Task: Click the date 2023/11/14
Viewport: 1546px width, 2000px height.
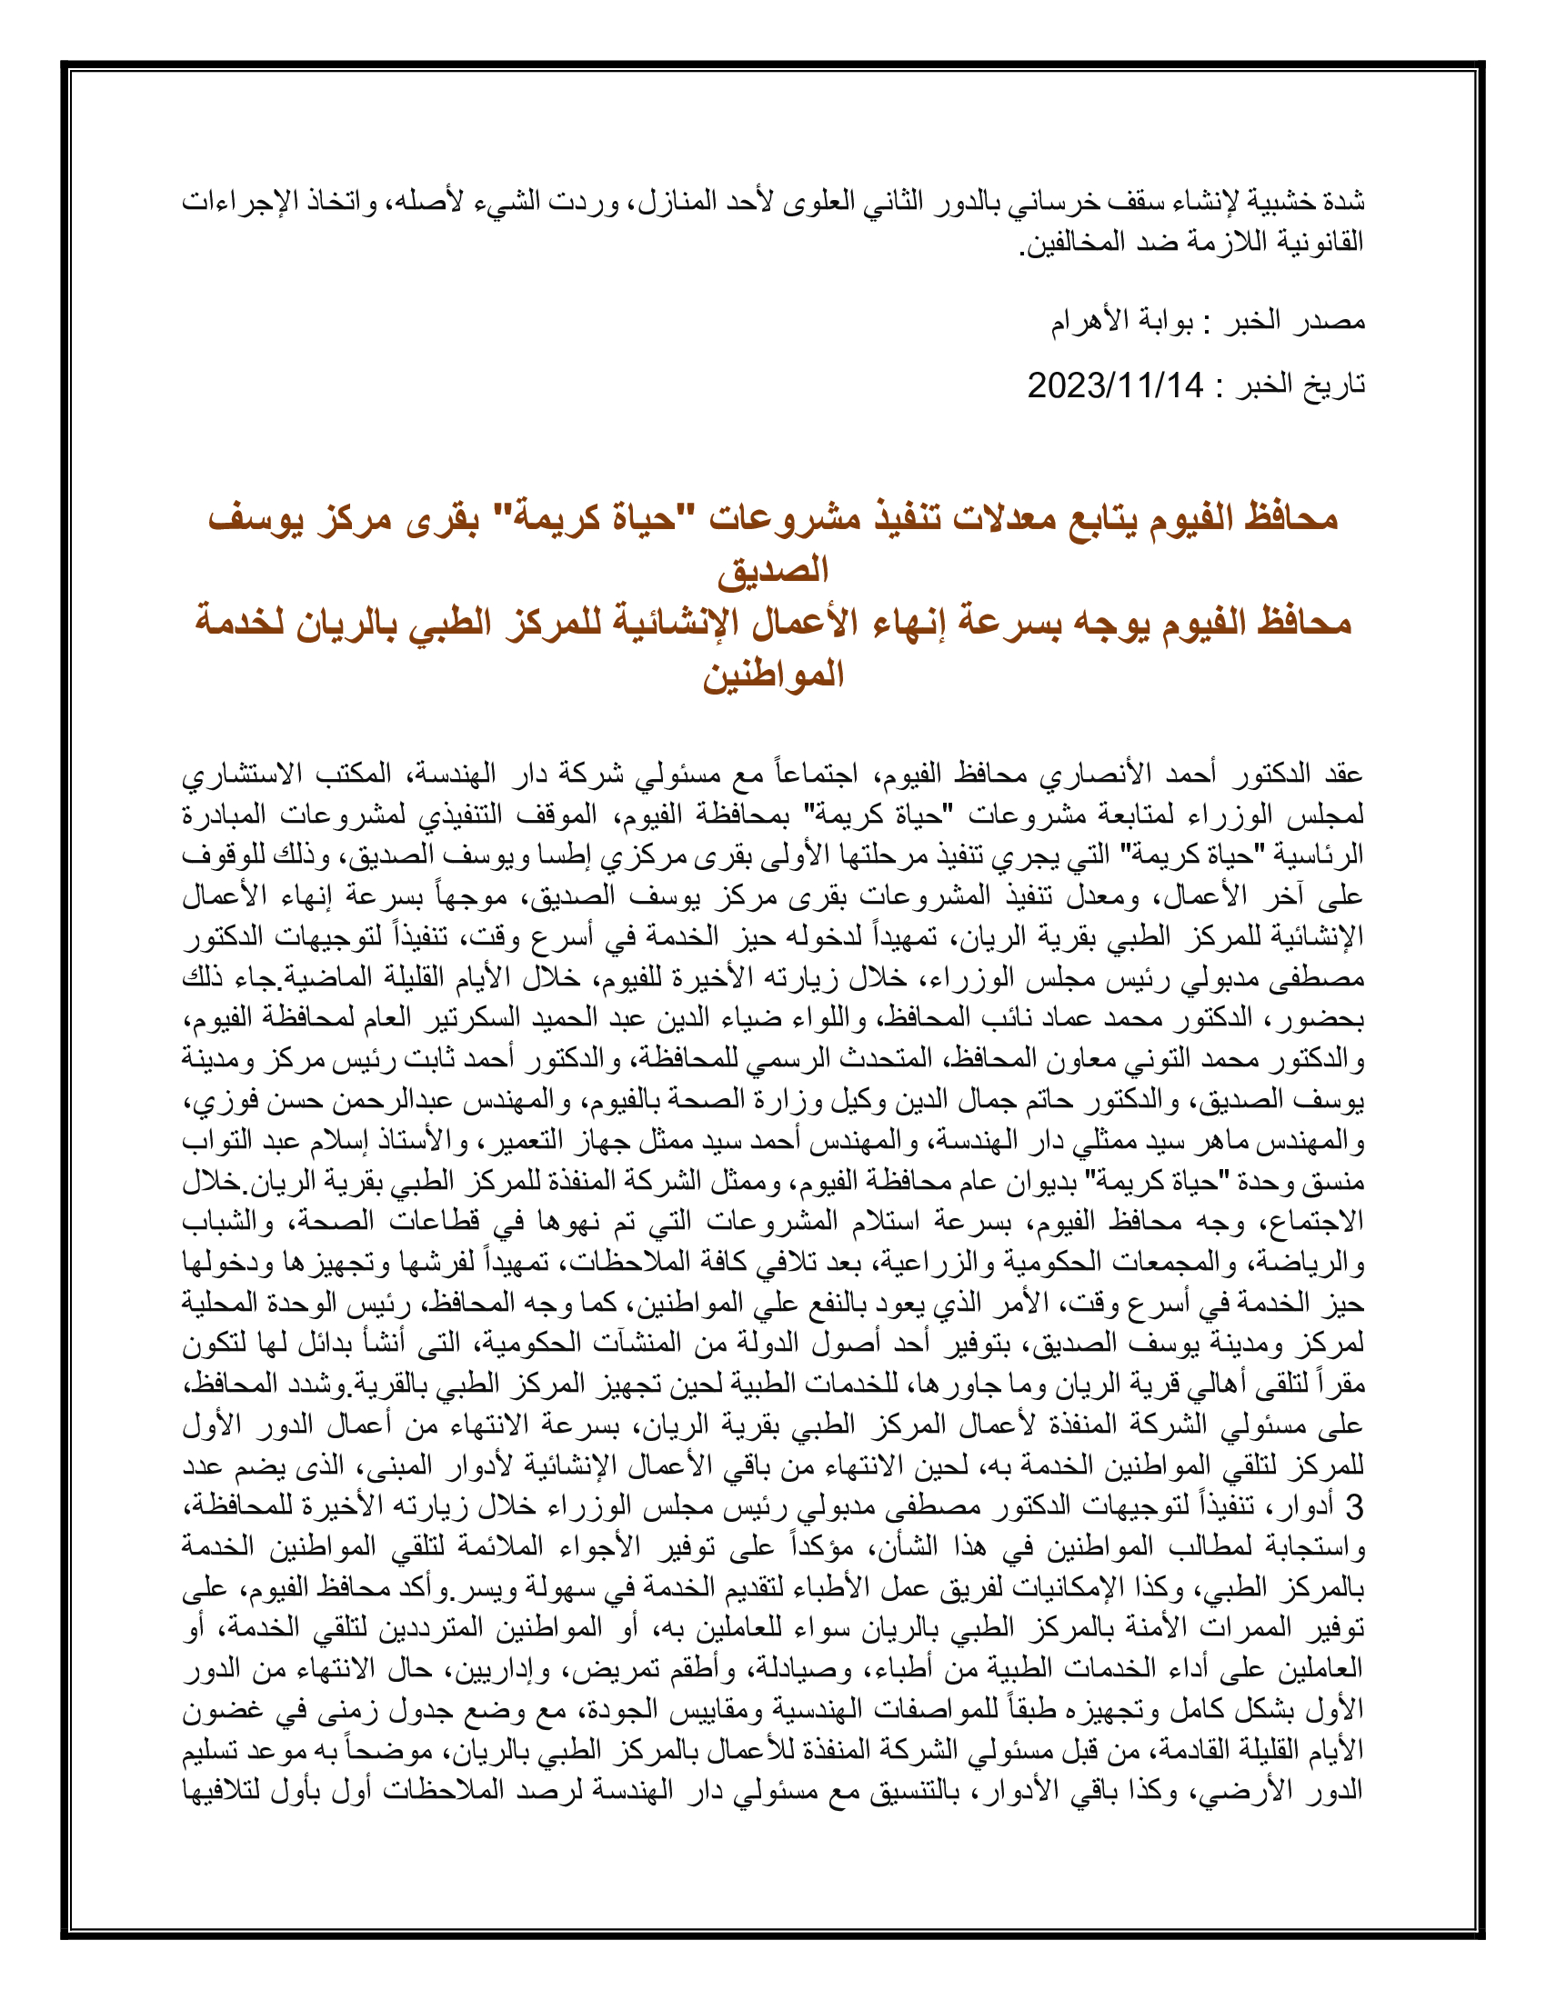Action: point(1115,385)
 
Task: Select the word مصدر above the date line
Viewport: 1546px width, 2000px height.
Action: point(1333,322)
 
